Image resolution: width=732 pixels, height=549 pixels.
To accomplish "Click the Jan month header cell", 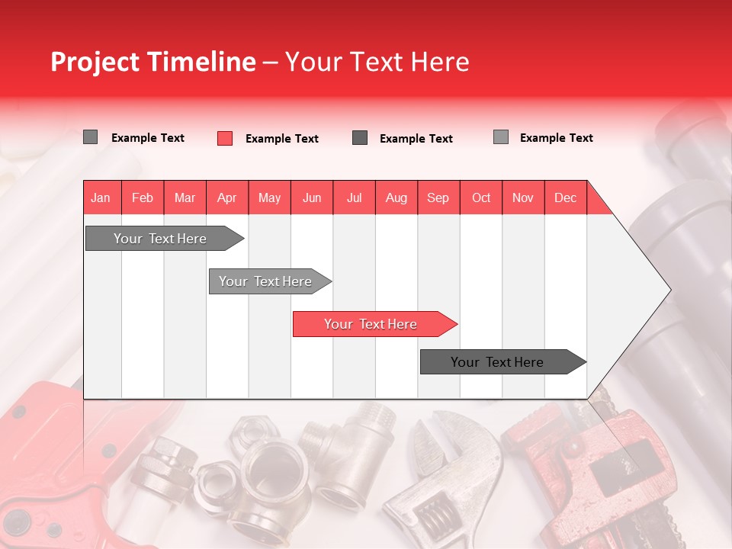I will coord(101,197).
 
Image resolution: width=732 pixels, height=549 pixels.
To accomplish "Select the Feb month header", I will coord(143,197).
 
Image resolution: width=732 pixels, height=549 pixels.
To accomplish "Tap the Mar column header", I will coord(185,197).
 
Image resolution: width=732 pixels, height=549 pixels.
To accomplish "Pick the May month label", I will coord(269,197).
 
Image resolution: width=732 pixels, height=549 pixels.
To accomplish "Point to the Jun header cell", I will coord(312,197).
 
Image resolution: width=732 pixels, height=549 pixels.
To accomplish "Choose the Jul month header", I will coord(354,197).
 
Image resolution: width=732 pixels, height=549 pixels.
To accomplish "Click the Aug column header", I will coord(396,197).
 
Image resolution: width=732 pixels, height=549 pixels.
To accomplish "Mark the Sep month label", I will coord(438,197).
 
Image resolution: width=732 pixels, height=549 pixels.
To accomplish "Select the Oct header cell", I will coord(481,197).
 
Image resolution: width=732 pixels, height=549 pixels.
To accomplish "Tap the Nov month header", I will coord(523,197).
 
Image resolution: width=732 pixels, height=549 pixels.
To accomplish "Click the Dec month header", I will coord(566,197).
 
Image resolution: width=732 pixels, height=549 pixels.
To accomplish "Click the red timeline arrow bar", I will coord(374,324).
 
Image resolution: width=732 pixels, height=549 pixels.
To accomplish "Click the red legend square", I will coord(225,138).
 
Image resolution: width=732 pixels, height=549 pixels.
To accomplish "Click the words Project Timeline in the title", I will coord(152,62).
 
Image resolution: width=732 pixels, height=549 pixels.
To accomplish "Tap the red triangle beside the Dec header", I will coord(598,203).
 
